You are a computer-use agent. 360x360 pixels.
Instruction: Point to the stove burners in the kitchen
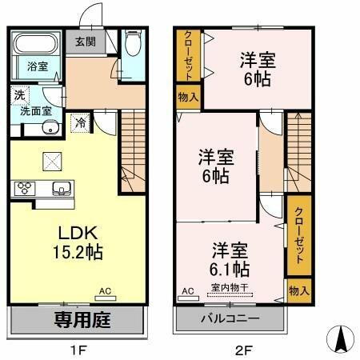tap(22, 189)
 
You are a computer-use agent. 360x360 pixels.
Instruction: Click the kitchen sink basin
tap(59, 189)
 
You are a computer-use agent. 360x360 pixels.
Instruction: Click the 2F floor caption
tap(242, 349)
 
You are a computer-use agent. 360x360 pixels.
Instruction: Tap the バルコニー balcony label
tap(230, 319)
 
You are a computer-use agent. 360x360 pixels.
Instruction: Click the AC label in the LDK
tap(105, 293)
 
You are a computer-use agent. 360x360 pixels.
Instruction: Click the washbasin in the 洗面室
tap(49, 129)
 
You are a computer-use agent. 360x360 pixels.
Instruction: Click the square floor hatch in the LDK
tap(53, 161)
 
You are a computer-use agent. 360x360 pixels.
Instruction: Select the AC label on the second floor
tap(189, 290)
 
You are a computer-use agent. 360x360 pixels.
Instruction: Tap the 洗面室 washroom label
tap(36, 112)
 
